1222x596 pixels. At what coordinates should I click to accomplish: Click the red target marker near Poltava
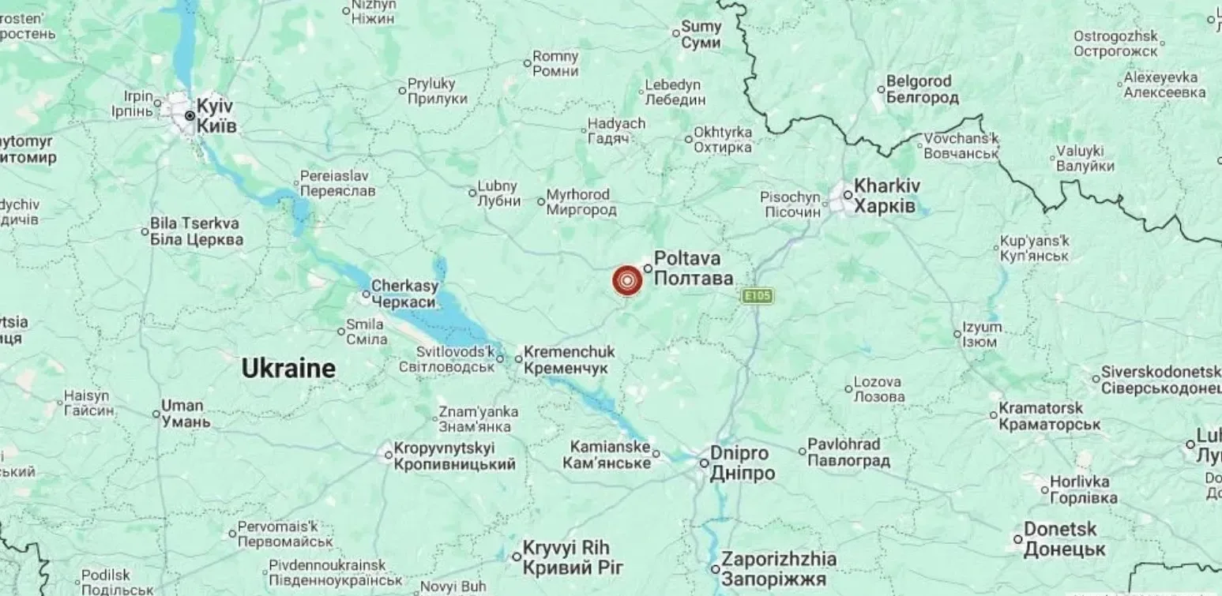click(x=627, y=280)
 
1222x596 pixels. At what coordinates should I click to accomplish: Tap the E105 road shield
click(x=757, y=296)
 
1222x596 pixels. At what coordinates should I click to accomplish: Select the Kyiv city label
click(x=216, y=115)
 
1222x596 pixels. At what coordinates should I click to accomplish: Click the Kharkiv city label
click(x=886, y=196)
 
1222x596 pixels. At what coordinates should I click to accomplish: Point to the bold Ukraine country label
click(x=288, y=369)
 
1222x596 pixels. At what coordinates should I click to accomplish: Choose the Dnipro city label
click(x=741, y=463)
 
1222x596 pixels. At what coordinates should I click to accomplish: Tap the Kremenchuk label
click(x=568, y=362)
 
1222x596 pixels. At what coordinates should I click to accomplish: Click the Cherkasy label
click(x=404, y=294)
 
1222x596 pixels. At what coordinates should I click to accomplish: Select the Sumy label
click(x=701, y=35)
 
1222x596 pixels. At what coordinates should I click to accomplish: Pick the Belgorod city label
click(x=921, y=89)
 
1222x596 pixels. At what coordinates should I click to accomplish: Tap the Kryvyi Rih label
click(x=573, y=557)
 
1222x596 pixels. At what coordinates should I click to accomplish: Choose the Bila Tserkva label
click(x=196, y=231)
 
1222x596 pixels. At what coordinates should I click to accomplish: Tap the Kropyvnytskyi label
click(x=454, y=456)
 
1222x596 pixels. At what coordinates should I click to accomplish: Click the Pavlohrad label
click(x=847, y=452)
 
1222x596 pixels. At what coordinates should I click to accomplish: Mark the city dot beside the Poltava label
click(x=648, y=268)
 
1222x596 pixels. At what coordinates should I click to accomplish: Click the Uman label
click(x=184, y=414)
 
